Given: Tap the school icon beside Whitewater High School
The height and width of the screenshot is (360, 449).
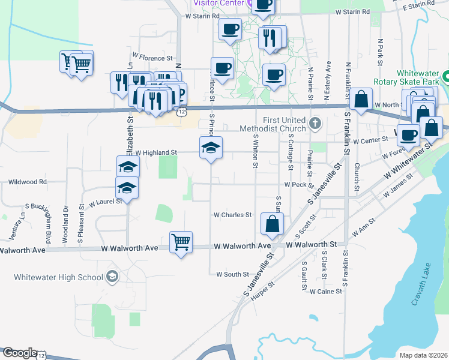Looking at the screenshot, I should click(x=112, y=277).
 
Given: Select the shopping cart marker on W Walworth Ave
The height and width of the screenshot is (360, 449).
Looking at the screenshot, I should click(x=181, y=242).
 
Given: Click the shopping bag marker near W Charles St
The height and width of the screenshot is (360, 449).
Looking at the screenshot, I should click(x=273, y=224).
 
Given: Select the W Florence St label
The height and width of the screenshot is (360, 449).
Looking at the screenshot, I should click(x=152, y=58).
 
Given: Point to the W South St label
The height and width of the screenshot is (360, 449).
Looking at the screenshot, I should click(x=232, y=274).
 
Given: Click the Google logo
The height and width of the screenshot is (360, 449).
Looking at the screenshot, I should click(x=20, y=353).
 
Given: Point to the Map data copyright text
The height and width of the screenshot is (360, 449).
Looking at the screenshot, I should click(x=423, y=355).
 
